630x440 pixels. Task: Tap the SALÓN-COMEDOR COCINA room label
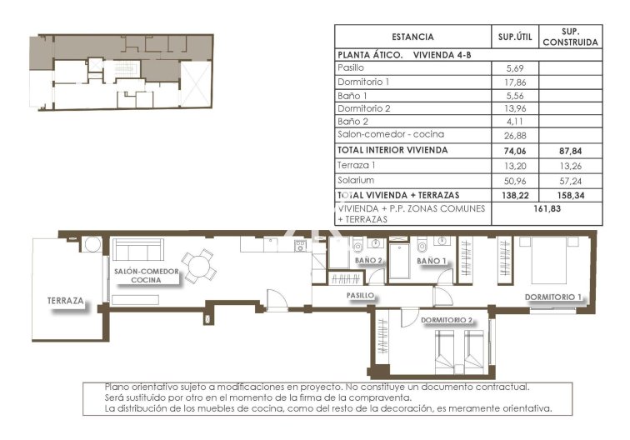[148, 276]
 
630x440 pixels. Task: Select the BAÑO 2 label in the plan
[368, 261]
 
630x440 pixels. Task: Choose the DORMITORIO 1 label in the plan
[552, 297]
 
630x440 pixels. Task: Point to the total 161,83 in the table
[546, 209]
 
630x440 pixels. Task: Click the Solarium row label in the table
[356, 180]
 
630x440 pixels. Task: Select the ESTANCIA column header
[412, 37]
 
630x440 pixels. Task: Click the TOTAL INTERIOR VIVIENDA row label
[392, 150]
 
